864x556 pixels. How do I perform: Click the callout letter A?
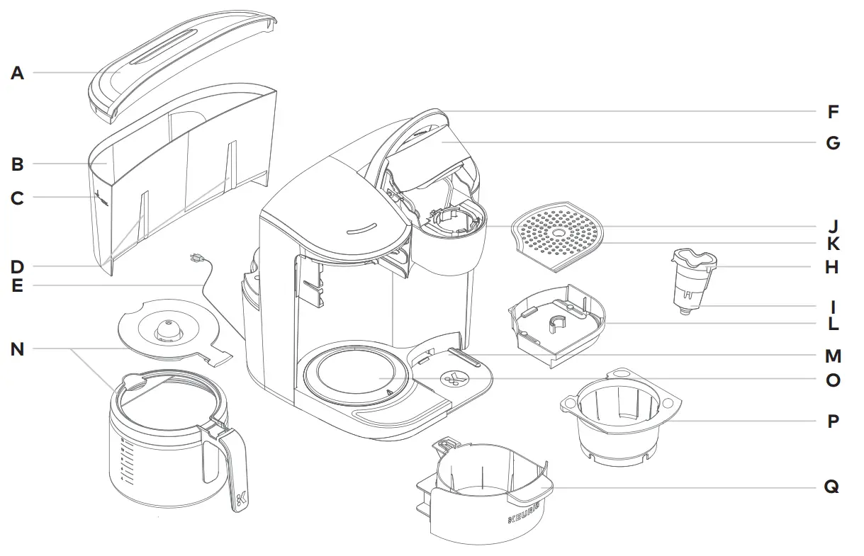pyautogui.click(x=17, y=73)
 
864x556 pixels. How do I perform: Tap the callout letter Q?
pyautogui.click(x=831, y=487)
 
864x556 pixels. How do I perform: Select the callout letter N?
pyautogui.click(x=17, y=349)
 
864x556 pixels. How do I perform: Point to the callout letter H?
pyautogui.click(x=832, y=267)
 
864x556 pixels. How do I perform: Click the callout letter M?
pyautogui.click(x=833, y=356)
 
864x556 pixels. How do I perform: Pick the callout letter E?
pyautogui.click(x=17, y=286)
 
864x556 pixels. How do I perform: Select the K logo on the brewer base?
pyautogui.click(x=452, y=378)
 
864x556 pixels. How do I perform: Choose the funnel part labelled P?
pyautogui.click(x=617, y=418)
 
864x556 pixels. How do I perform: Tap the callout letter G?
pyautogui.click(x=833, y=143)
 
